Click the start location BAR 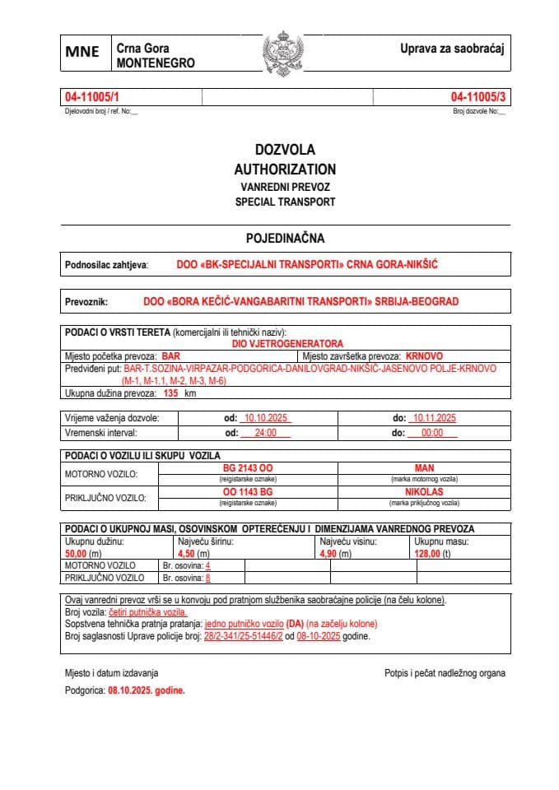pyautogui.click(x=170, y=356)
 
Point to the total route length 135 pyautogui.click(x=171, y=394)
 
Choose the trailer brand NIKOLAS pyautogui.click(x=425, y=491)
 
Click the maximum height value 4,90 pyautogui.click(x=329, y=555)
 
